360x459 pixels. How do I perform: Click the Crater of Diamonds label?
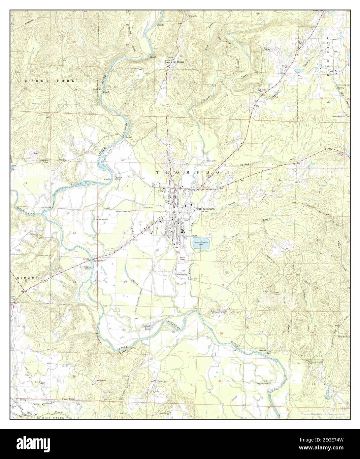pos(218,312)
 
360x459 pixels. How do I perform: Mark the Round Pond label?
pos(262,383)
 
